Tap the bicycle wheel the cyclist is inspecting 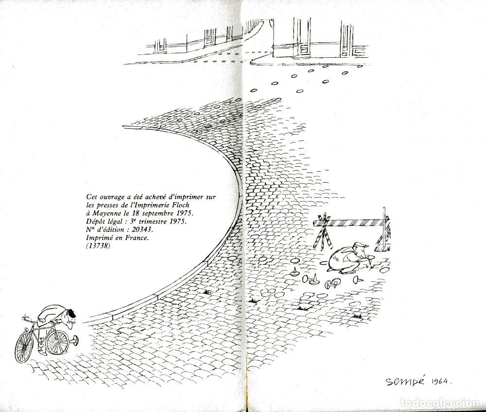click(57, 343)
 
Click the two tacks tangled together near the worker click(332, 283)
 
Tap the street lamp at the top click(272, 23)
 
